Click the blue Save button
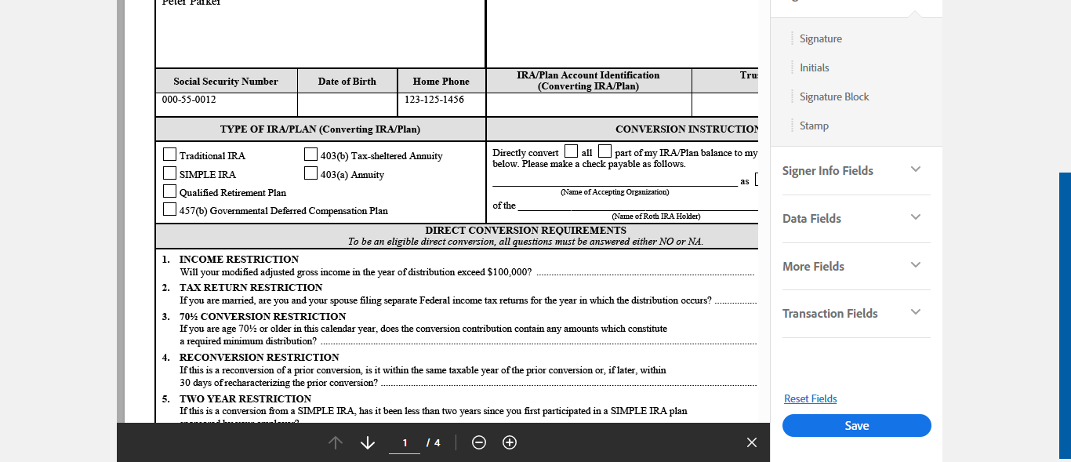pyautogui.click(x=856, y=426)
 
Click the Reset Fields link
pyautogui.click(x=810, y=399)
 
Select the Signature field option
pyautogui.click(x=820, y=39)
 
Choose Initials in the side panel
pyautogui.click(x=814, y=68)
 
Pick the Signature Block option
pyautogui.click(x=833, y=97)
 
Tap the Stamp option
pyautogui.click(x=814, y=126)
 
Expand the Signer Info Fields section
pyautogui.click(x=851, y=171)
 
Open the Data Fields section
pyautogui.click(x=851, y=219)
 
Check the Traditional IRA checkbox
pyautogui.click(x=169, y=155)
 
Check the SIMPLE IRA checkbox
pyautogui.click(x=169, y=173)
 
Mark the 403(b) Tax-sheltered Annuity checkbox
pyautogui.click(x=310, y=155)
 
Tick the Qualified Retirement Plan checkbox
pyautogui.click(x=169, y=191)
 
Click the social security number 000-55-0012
pyautogui.click(x=189, y=100)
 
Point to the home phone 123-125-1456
pyautogui.click(x=434, y=100)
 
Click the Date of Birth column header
pyautogui.click(x=347, y=82)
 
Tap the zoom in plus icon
pyautogui.click(x=510, y=443)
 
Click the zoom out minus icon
pyautogui.click(x=479, y=443)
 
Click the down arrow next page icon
pyautogui.click(x=368, y=443)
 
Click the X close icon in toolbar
pyautogui.click(x=752, y=443)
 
